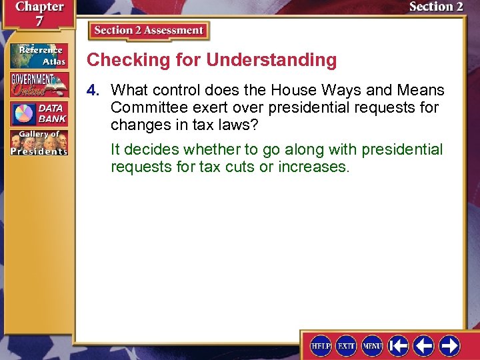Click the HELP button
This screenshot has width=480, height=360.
tap(321, 345)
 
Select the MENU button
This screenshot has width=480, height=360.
tap(372, 345)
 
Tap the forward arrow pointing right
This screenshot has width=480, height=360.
tap(450, 345)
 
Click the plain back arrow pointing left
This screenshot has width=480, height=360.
tap(424, 345)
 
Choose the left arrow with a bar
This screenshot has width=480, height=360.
tap(399, 345)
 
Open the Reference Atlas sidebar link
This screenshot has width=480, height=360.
tap(38, 56)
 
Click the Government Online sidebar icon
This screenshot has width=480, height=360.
tap(38, 85)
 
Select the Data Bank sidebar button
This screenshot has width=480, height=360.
tap(38, 113)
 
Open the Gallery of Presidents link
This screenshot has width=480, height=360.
tap(38, 142)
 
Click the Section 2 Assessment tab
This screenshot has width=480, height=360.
tap(149, 31)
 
